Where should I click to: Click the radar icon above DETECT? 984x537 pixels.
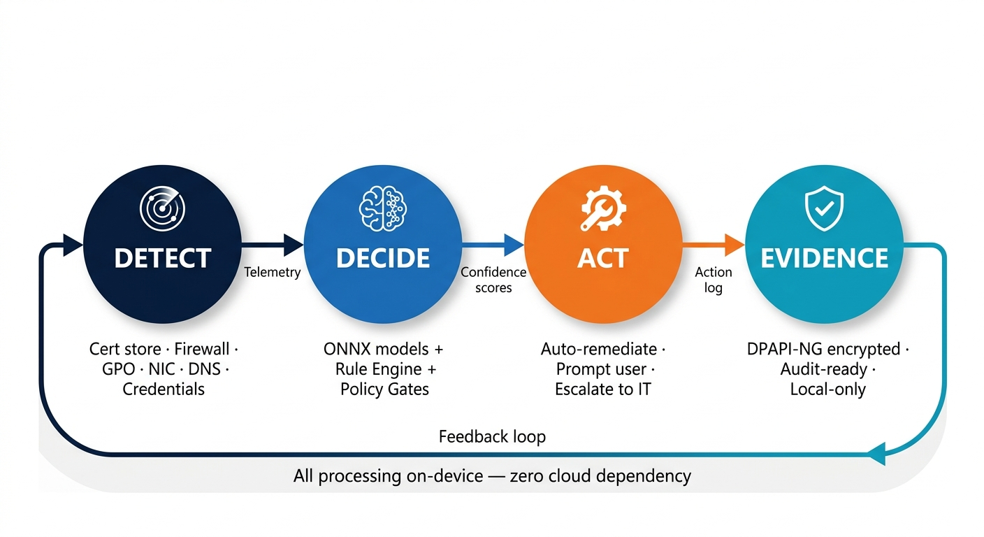pos(162,208)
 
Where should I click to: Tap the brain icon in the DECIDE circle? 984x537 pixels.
pos(382,208)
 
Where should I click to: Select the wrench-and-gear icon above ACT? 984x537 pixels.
pos(602,208)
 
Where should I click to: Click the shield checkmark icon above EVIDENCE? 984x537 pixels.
pos(824,208)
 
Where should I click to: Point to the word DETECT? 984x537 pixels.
pos(162,258)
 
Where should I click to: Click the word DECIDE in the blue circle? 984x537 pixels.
pos(382,258)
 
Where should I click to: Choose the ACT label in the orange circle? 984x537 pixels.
pos(602,258)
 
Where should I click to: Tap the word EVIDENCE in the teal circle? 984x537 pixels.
pos(824,258)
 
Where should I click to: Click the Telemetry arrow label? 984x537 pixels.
pos(273,272)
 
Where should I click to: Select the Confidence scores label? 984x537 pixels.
pos(493,280)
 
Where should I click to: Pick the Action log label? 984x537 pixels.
pos(714,280)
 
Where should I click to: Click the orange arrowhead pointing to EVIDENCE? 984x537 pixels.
pos(735,245)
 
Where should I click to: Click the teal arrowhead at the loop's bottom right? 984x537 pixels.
pos(876,454)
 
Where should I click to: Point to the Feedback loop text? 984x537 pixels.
pos(492,437)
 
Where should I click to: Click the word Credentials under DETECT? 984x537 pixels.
pos(164,389)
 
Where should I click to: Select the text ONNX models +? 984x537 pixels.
pos(383,349)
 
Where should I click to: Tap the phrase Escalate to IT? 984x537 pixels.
pos(602,389)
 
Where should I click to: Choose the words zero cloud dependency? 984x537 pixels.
pos(600,476)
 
